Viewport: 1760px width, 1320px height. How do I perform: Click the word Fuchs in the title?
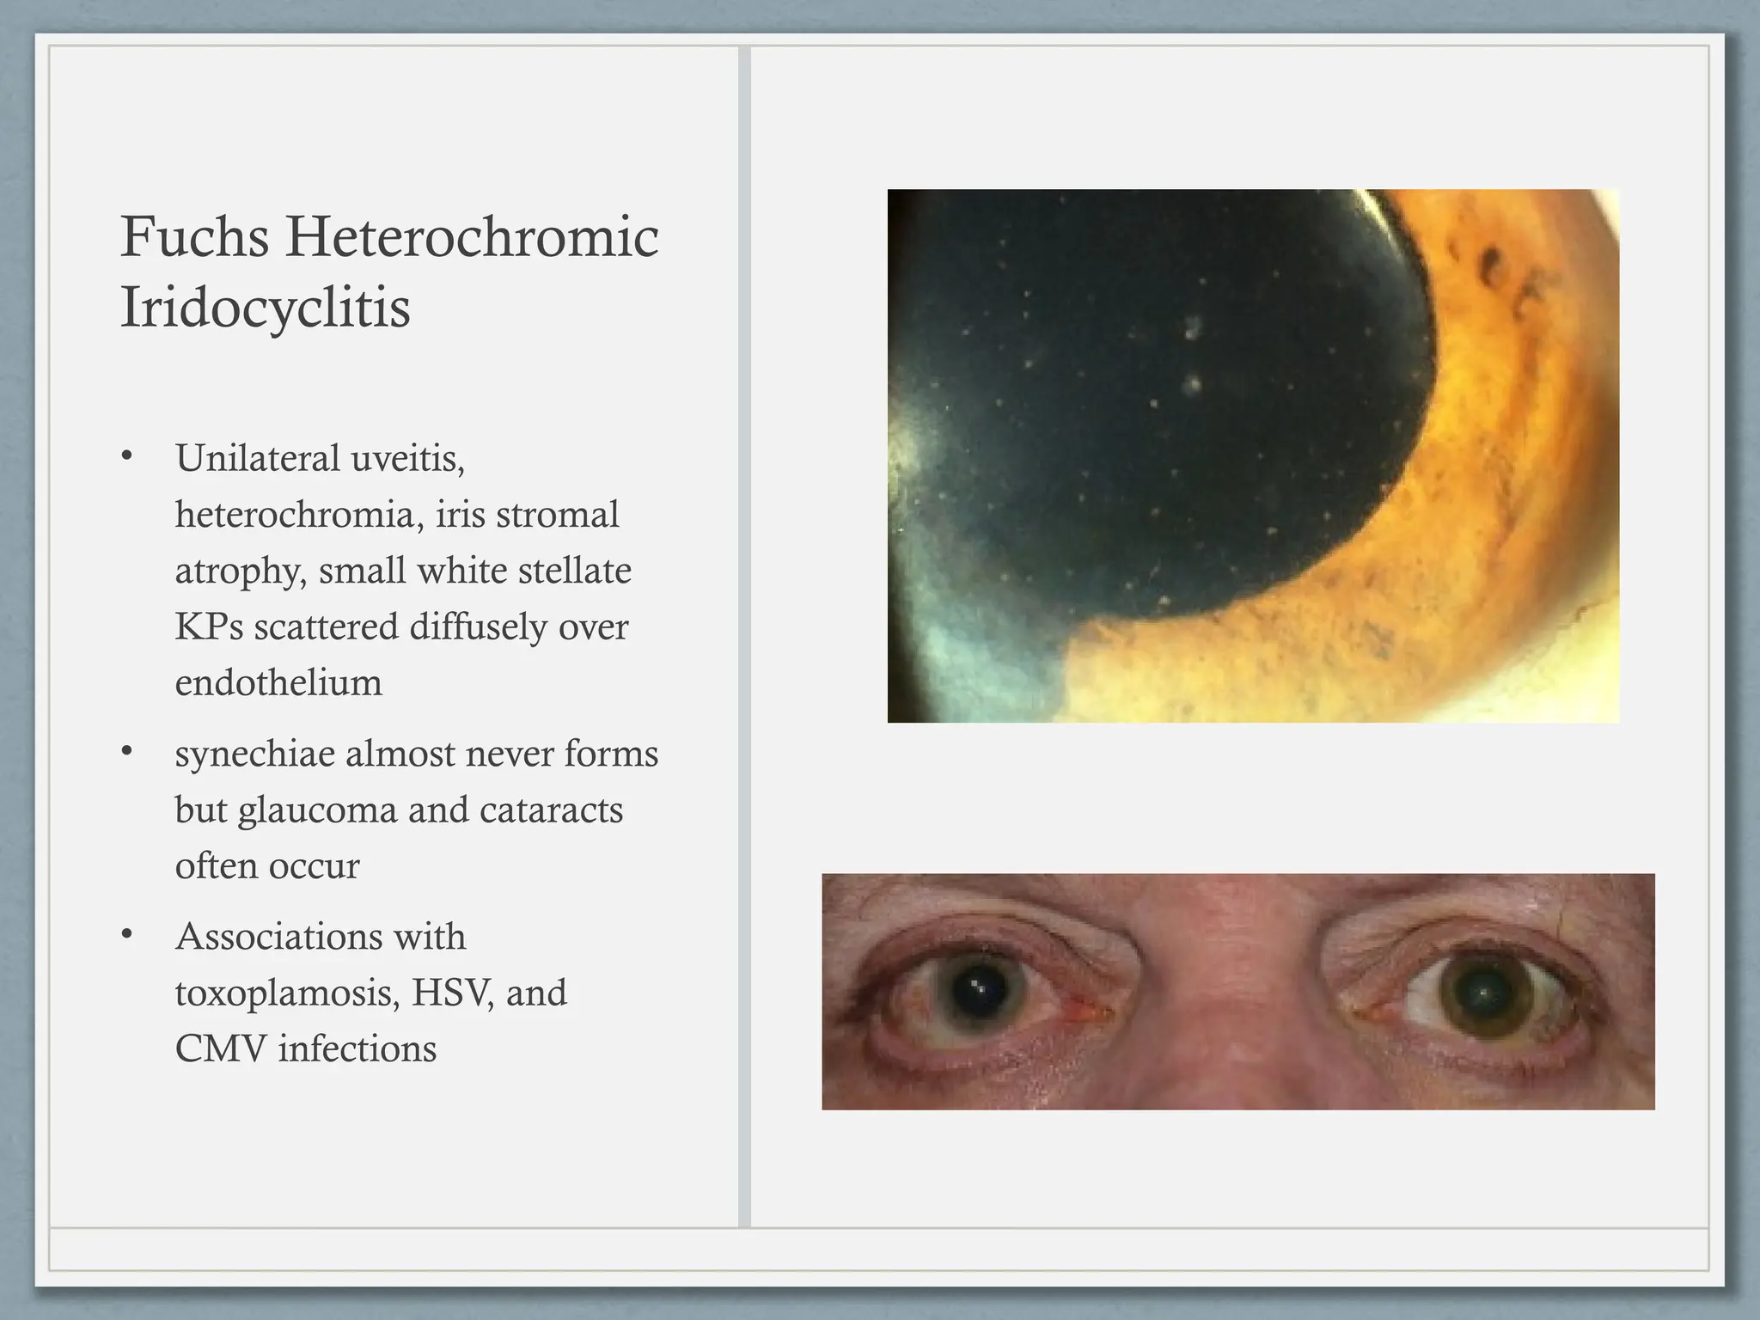tap(194, 237)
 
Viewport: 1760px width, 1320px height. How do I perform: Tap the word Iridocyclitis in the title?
tap(265, 308)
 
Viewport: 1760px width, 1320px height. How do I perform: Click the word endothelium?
tap(278, 683)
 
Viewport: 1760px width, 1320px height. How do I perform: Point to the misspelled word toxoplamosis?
tap(287, 994)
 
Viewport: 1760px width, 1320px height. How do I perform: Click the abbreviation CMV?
tap(221, 1049)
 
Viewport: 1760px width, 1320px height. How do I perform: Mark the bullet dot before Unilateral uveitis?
tap(127, 456)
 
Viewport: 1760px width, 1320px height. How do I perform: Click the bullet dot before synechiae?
tap(127, 752)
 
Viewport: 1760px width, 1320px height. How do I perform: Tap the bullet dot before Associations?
tap(127, 935)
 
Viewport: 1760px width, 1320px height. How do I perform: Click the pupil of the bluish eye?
tap(979, 992)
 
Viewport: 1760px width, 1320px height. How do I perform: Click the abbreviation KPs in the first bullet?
tap(209, 627)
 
